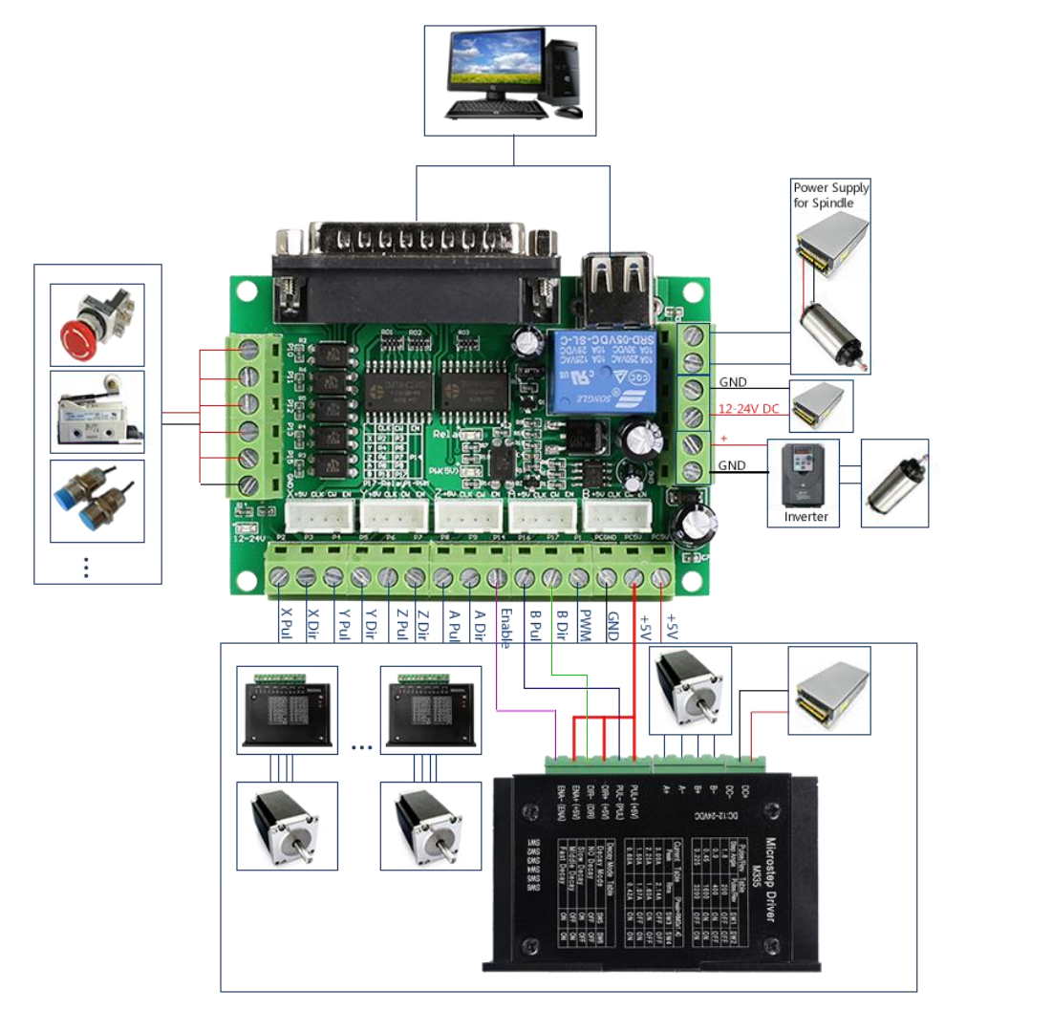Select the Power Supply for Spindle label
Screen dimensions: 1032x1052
click(x=830, y=195)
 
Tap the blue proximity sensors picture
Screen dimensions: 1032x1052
click(x=97, y=501)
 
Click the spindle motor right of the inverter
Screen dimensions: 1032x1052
click(x=894, y=482)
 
